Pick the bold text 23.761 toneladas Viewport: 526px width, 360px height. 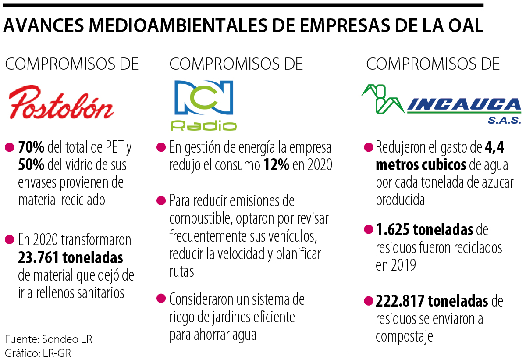pyautogui.click(x=70, y=257)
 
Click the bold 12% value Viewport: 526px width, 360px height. pyautogui.click(x=276, y=165)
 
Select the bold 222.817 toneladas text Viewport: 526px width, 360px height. pyautogui.click(x=432, y=301)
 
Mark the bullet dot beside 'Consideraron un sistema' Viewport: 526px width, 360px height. pyautogui.click(x=161, y=299)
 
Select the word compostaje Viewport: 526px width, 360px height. pyautogui.click(x=404, y=336)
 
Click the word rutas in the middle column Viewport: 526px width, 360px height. pyautogui.click(x=181, y=271)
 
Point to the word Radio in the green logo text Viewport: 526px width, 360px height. pyautogui.click(x=204, y=126)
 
